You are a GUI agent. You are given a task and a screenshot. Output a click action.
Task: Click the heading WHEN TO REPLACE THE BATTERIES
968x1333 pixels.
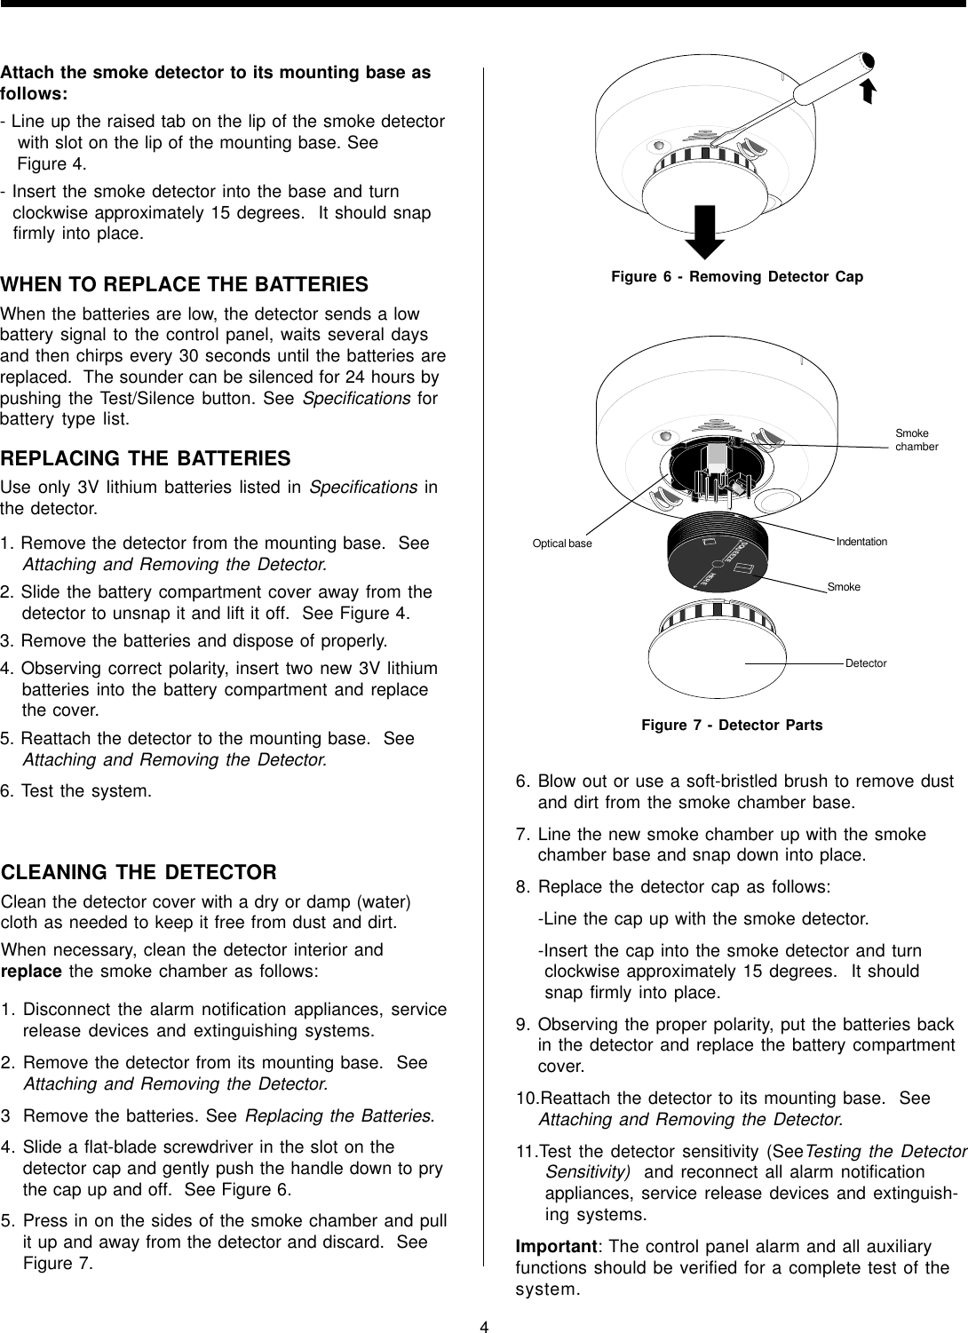coord(185,285)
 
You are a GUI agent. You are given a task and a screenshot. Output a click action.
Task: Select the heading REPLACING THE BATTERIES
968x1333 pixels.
coord(146,459)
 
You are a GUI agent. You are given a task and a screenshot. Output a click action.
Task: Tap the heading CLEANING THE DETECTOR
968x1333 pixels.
coord(139,871)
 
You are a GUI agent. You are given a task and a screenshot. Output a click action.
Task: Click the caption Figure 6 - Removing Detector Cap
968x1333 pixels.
coord(737,277)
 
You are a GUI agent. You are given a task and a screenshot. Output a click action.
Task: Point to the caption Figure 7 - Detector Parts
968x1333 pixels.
coord(732,726)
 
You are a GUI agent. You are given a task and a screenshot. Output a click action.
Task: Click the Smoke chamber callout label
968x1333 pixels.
coord(916,440)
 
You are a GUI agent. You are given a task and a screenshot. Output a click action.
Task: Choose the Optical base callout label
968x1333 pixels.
coord(561,543)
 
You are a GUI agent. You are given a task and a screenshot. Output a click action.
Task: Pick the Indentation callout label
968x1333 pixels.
coord(861,541)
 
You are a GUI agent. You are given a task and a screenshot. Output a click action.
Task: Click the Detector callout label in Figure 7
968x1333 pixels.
coord(866,663)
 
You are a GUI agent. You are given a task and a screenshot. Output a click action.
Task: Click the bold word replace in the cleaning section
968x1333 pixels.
coord(31,969)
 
